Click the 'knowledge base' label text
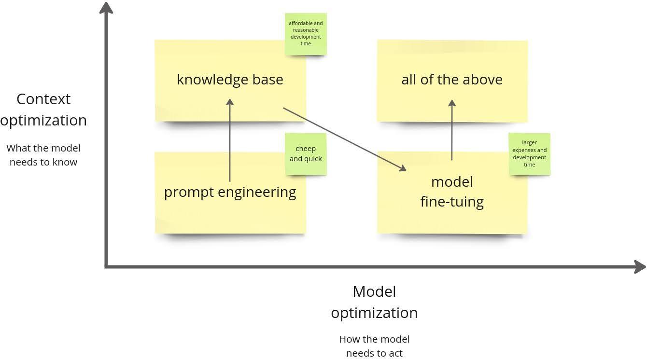230,80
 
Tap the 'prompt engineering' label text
230,192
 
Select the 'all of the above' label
452,80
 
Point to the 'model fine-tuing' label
452,192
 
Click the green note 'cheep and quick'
306,154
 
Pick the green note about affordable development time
306,34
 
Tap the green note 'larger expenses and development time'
530,154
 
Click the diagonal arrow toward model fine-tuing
345,139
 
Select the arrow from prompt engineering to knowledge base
230,140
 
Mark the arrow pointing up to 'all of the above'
452,130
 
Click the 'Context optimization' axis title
43,110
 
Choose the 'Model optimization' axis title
374,302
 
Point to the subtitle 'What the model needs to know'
43,155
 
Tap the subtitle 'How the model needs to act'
374,346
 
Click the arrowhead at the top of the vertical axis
106,8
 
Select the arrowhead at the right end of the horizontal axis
639,267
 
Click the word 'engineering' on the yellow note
257,193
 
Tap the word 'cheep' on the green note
306,149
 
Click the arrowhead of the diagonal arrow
403,168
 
